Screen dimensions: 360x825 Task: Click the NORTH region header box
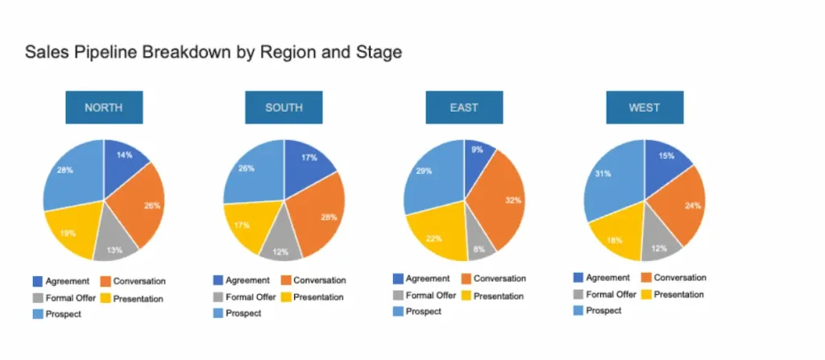pyautogui.click(x=104, y=107)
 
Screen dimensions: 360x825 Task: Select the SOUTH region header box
pyautogui.click(x=284, y=107)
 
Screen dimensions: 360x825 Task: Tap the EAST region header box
pyautogui.click(x=464, y=107)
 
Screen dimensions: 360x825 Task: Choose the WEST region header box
pyautogui.click(x=645, y=107)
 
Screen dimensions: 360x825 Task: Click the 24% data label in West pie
pyautogui.click(x=691, y=205)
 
